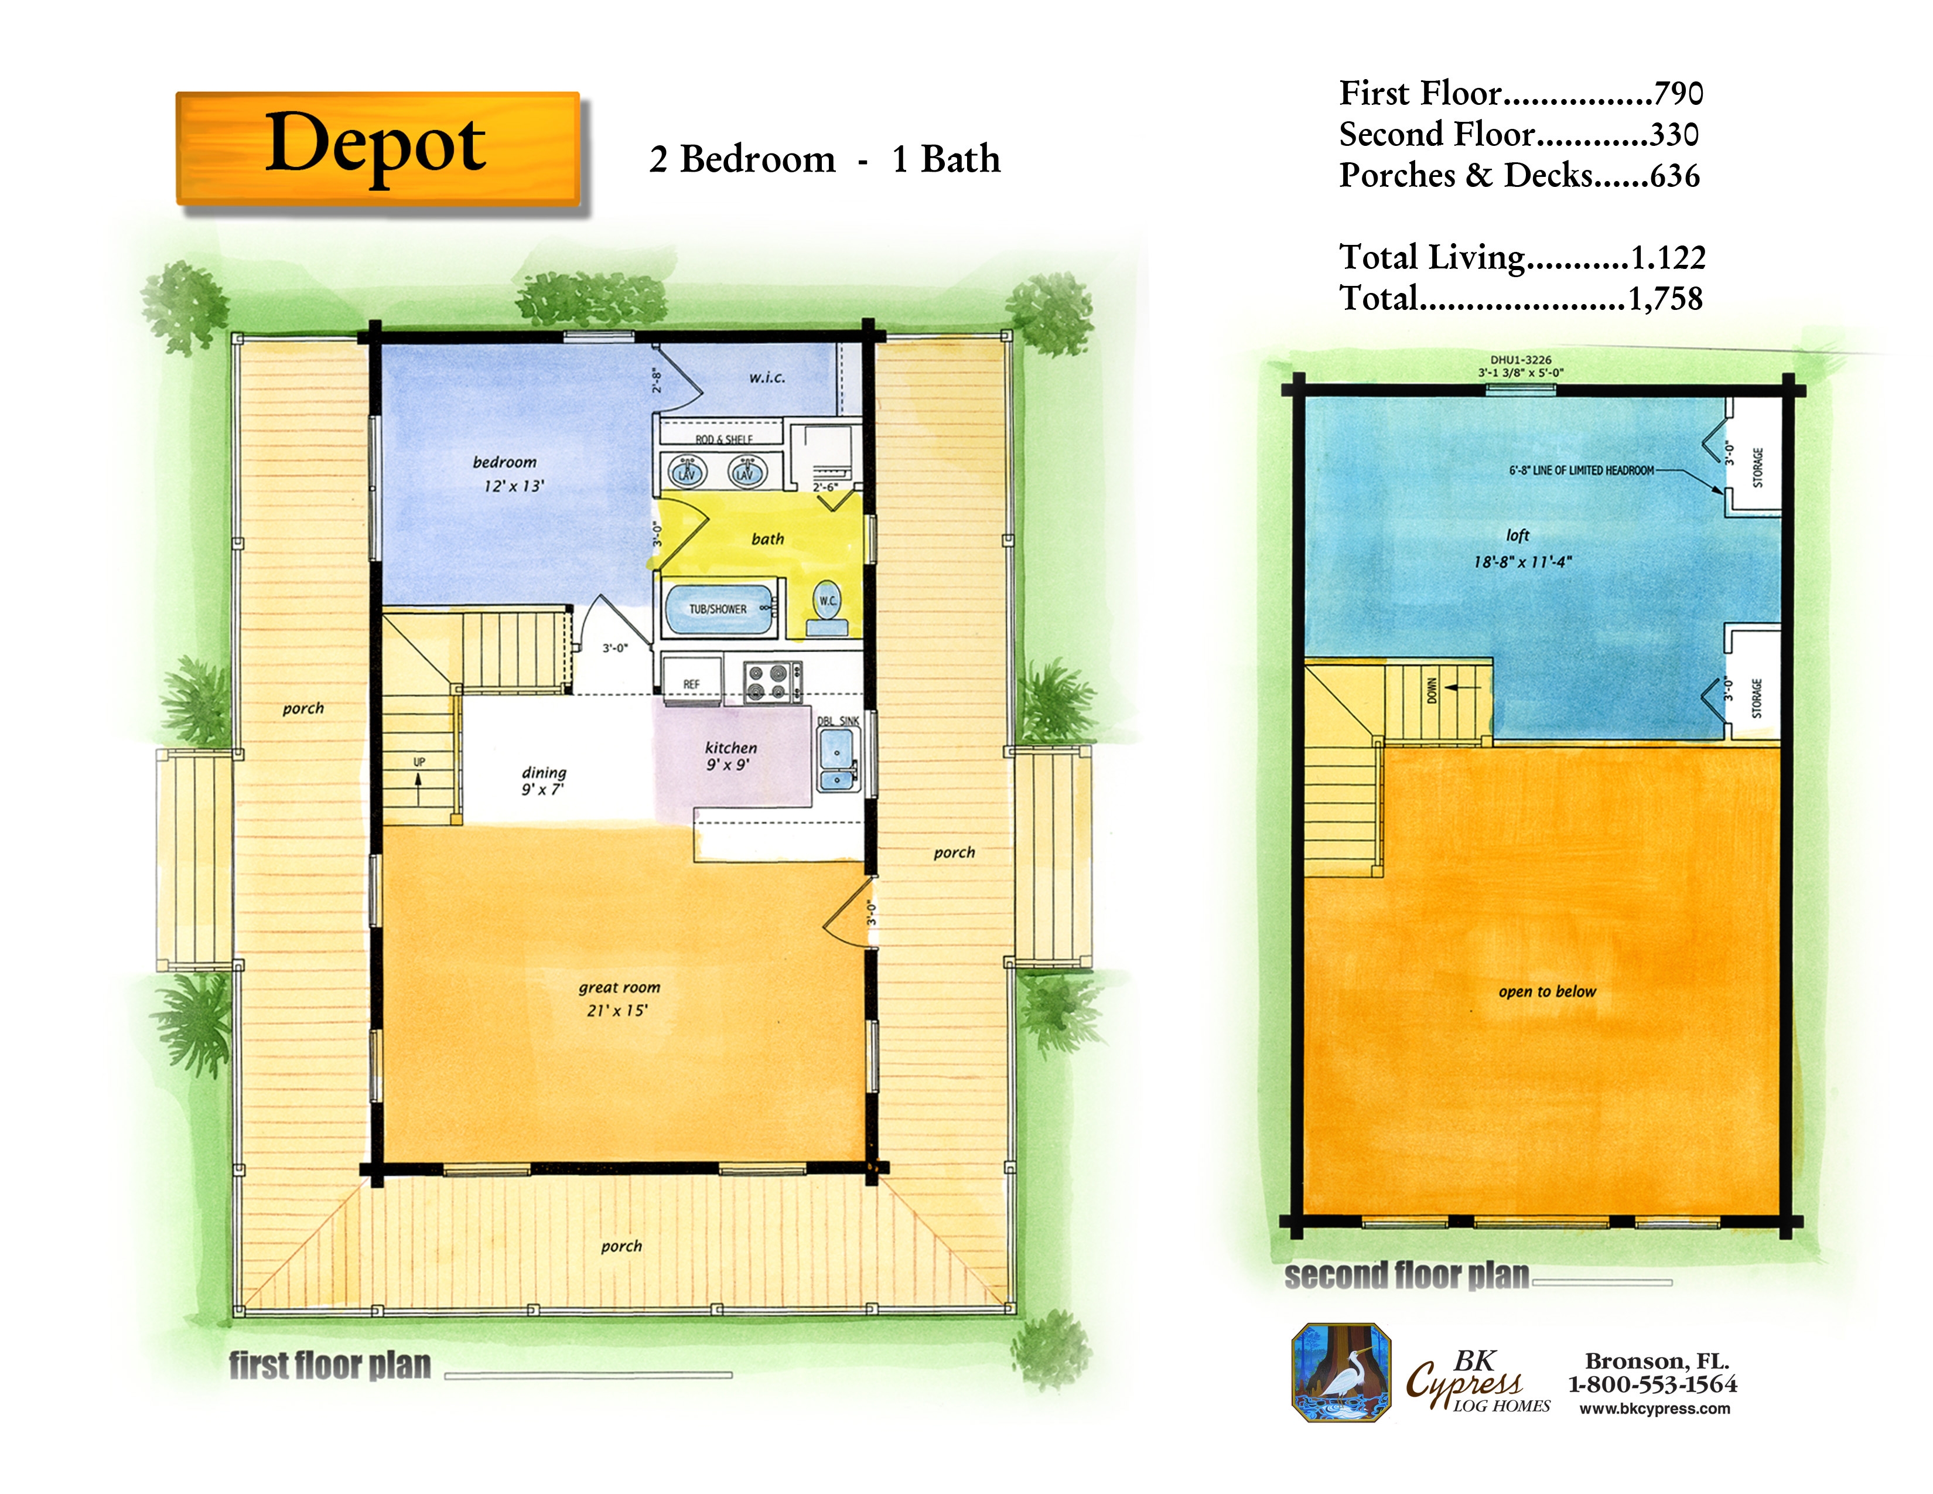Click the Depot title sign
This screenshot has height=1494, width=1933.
pos(378,149)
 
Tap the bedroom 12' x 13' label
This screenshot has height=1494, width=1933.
pos(510,473)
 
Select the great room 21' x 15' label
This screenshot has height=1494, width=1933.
pos(619,998)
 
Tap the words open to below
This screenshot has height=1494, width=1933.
pos(1547,991)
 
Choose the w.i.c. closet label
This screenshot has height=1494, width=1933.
pos(767,378)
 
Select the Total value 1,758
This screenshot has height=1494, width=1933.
pos(1665,298)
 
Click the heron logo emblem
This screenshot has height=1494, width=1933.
pos(1341,1373)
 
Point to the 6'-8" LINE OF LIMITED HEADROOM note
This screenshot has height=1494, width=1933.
pos(1582,471)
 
